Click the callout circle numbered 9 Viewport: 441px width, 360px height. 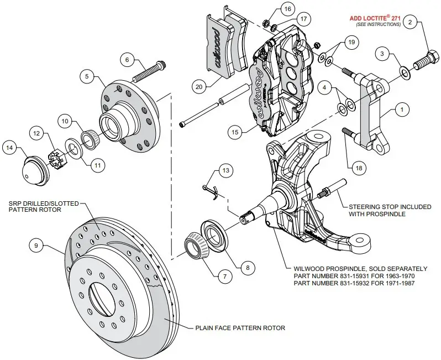click(35, 245)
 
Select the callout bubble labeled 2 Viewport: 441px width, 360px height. click(410, 22)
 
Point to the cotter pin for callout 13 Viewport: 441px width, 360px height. click(209, 188)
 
